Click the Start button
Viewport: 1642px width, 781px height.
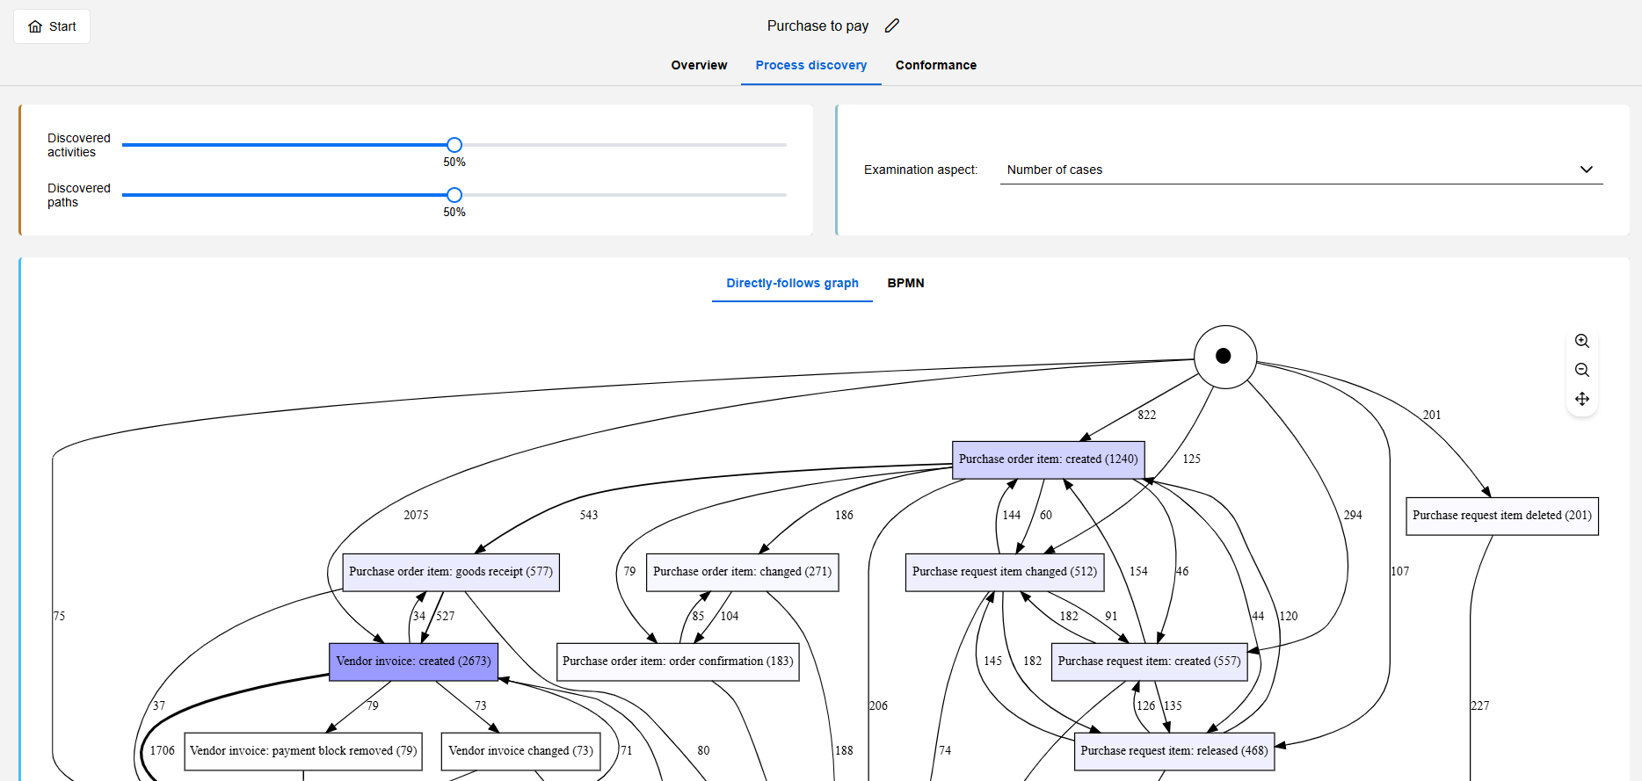coord(52,26)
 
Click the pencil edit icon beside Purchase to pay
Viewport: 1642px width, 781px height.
coord(892,25)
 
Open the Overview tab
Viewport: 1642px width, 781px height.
coord(699,65)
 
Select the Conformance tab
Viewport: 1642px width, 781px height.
coord(935,65)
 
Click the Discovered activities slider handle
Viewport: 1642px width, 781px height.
coord(454,145)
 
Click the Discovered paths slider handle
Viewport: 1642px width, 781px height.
coord(454,195)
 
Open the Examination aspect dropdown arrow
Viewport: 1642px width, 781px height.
coord(1586,170)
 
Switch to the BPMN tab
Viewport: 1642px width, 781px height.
coord(905,283)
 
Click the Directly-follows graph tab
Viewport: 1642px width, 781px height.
coord(792,283)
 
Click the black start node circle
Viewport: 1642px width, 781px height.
coord(1224,357)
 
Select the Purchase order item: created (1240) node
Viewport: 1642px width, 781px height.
coord(1048,459)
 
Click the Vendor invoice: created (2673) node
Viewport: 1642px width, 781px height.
coord(413,662)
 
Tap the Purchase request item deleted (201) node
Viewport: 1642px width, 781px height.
coord(1501,516)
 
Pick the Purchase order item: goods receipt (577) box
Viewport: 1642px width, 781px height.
coord(450,572)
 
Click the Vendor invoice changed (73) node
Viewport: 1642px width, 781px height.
coord(520,751)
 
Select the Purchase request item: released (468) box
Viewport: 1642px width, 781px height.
coord(1173,751)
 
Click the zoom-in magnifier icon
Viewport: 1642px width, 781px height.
coord(1581,341)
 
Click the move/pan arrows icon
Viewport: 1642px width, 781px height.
coord(1581,399)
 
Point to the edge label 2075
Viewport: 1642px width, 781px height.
coord(416,515)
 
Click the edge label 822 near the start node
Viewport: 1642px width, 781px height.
coord(1146,415)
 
